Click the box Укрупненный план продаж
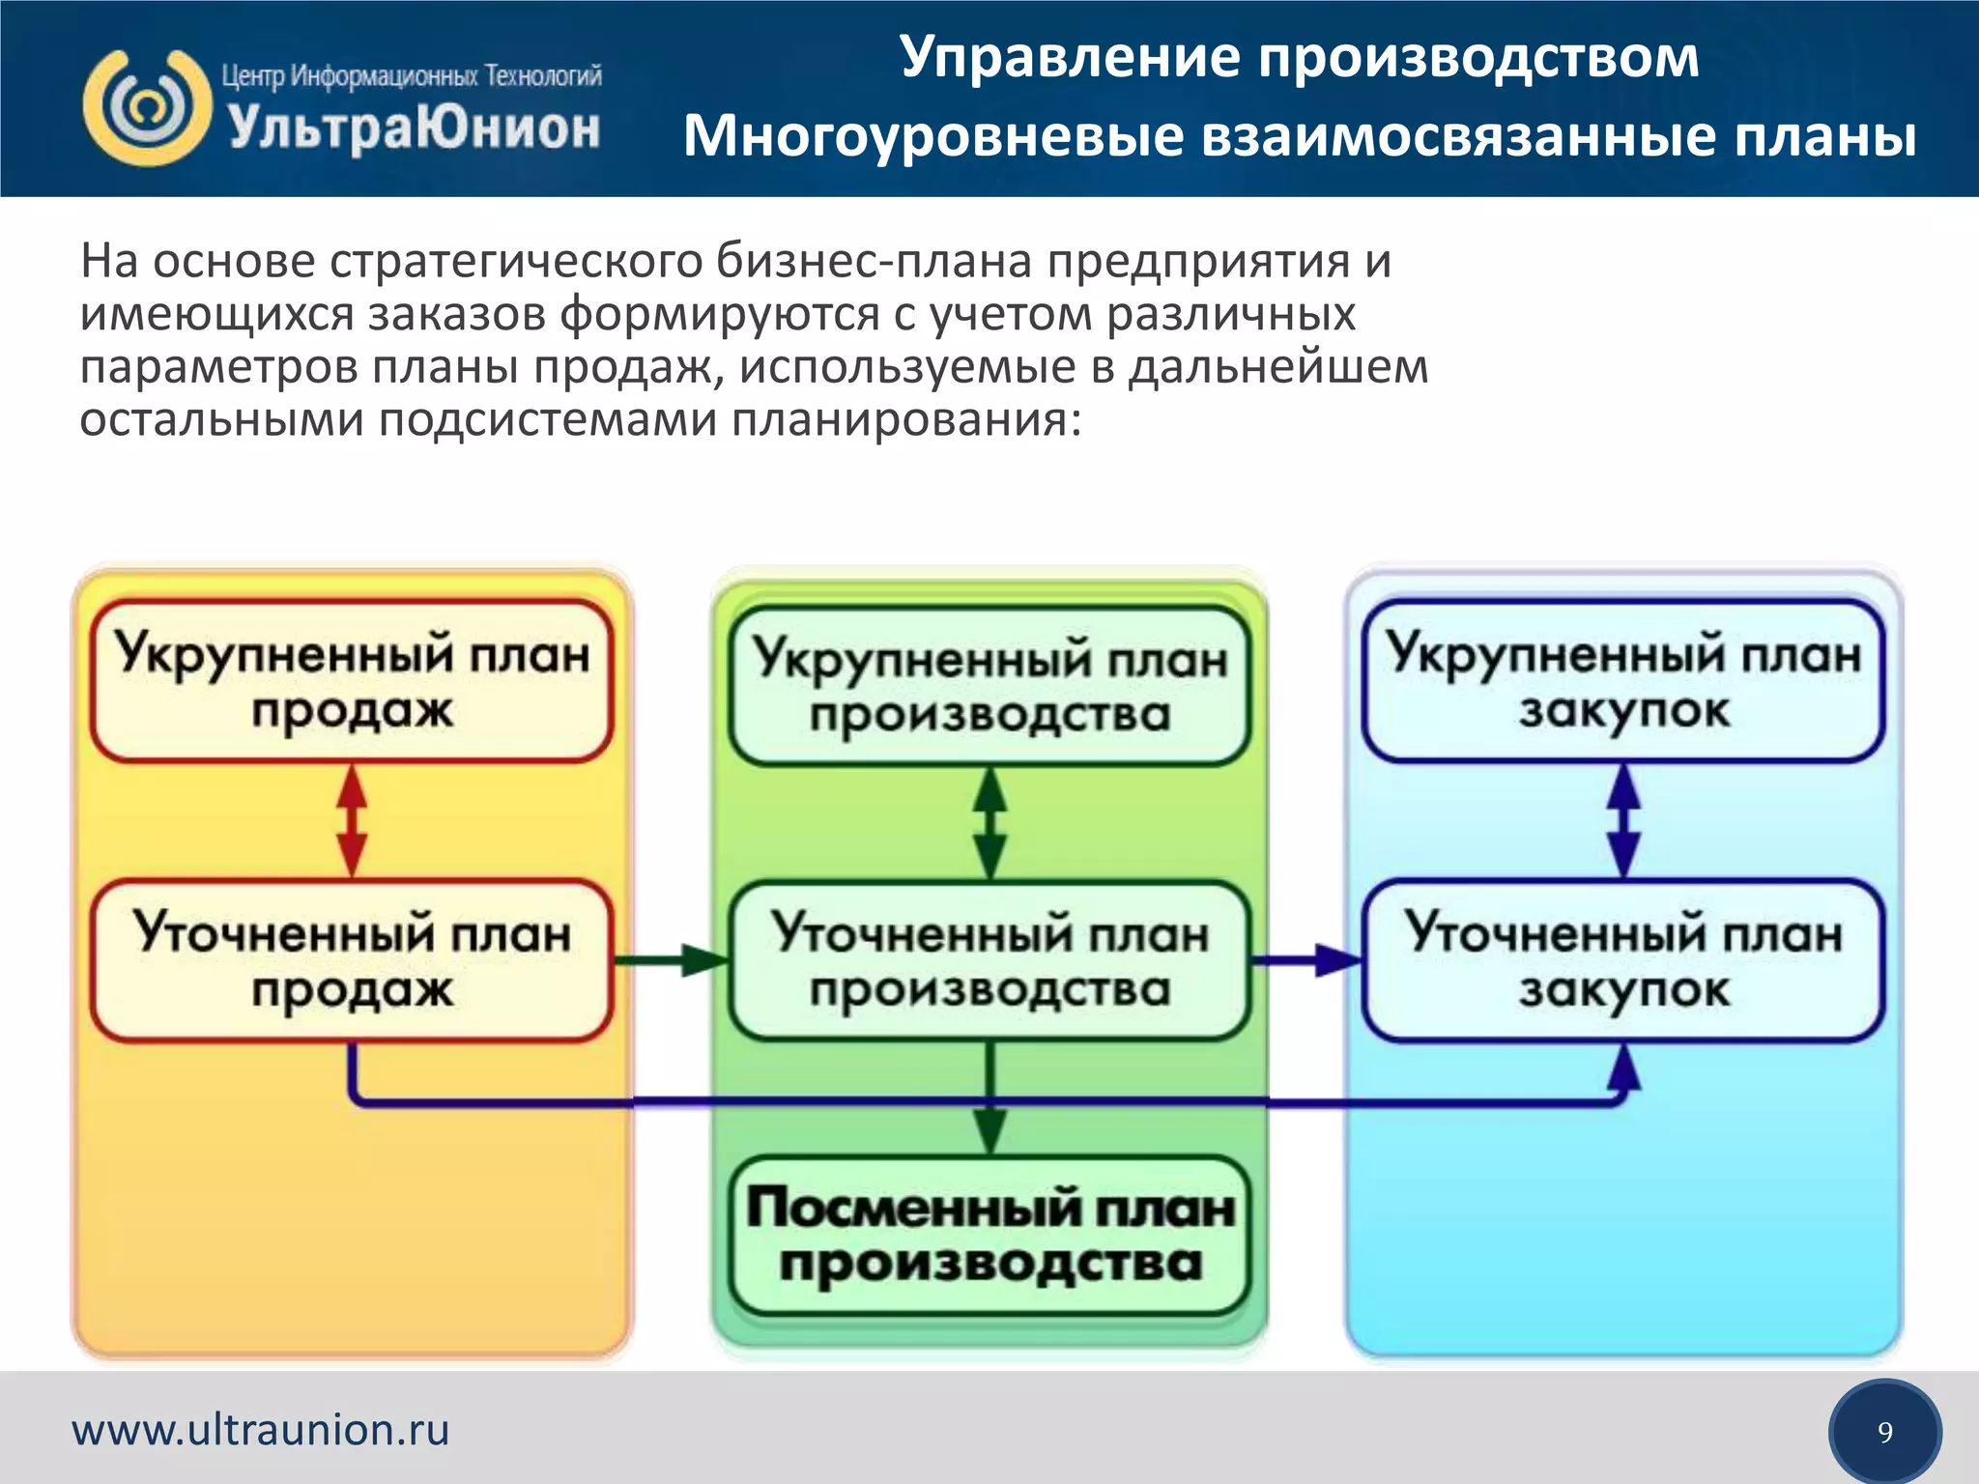tap(352, 681)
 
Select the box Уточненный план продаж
tap(352, 960)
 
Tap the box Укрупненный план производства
tap(989, 686)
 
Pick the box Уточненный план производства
tap(989, 960)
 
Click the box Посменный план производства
tap(989, 1236)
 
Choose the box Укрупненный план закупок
tap(1623, 681)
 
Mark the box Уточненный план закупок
tap(1623, 960)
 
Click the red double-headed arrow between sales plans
tap(352, 820)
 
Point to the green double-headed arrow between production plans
tap(989, 822)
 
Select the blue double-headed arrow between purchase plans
tap(1623, 820)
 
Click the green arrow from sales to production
tap(671, 960)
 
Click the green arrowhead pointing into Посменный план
tap(989, 1131)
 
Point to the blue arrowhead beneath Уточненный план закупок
tap(1623, 1067)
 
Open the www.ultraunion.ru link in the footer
tap(261, 1430)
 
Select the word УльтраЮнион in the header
tap(414, 129)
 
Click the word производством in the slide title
tap(1477, 58)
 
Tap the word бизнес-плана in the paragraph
tap(875, 262)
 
